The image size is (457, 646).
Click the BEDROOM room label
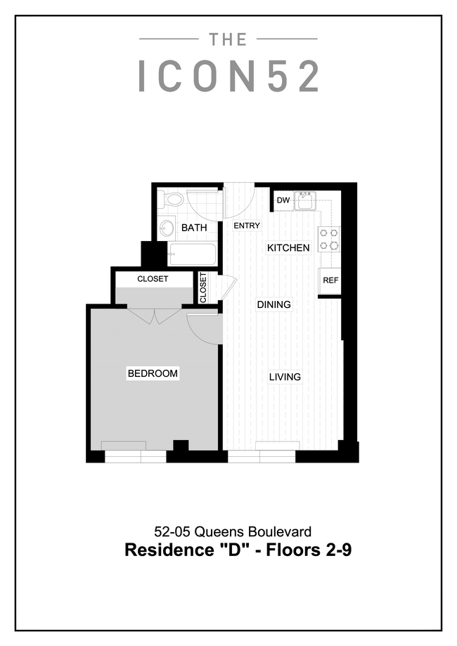coord(152,373)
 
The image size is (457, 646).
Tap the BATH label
coord(193,228)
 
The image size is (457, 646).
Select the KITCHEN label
coord(288,248)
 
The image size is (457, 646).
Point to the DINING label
coord(273,304)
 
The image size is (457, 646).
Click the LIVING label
coord(285,377)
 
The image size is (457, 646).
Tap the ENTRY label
coord(247,226)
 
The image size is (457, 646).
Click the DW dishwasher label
coord(283,201)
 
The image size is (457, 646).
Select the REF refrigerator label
coord(330,280)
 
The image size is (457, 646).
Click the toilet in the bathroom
coord(170,200)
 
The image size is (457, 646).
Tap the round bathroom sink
coord(167,228)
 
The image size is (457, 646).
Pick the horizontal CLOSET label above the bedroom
coord(153,279)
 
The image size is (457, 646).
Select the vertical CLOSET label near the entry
coord(203,288)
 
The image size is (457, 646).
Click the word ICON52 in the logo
coord(228,76)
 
